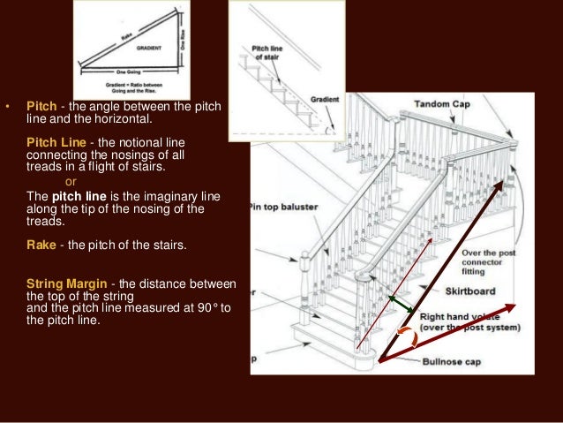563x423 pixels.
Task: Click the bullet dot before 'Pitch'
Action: [x=7, y=109]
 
